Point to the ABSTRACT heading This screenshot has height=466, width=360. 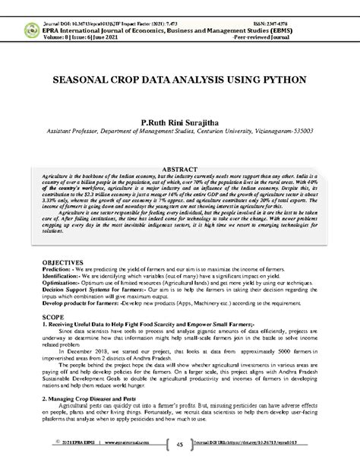180,168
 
